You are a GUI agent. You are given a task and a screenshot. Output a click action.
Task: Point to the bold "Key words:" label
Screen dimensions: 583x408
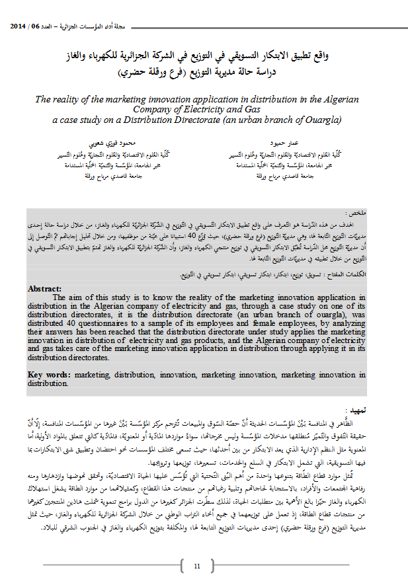[x=50, y=375]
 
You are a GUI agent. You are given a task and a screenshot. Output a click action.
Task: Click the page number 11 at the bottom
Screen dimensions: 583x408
[x=197, y=566]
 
